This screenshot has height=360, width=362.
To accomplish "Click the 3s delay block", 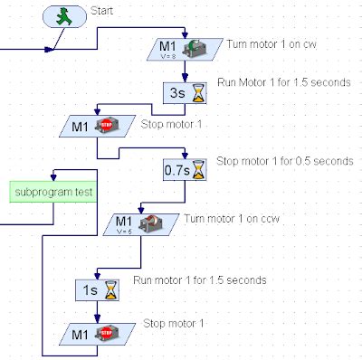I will tap(186, 91).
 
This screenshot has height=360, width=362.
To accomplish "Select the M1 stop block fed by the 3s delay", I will tap(96, 126).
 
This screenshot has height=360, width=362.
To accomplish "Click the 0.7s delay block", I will tap(186, 168).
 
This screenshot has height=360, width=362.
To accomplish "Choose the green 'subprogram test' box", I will tap(53, 192).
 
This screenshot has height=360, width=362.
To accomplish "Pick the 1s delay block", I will tap(97, 289).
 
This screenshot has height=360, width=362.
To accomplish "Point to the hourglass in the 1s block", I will tap(110, 289).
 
